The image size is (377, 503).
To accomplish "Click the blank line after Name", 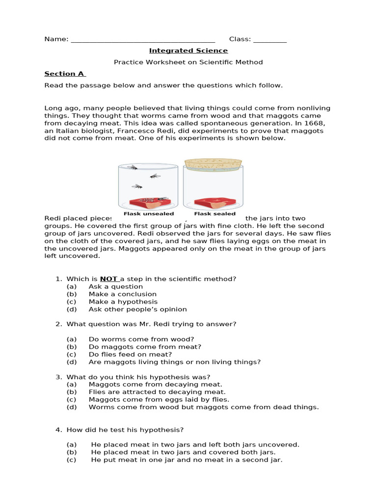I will point(143,40).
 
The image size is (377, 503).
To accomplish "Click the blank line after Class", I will point(270,40).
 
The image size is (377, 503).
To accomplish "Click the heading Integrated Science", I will point(188,51).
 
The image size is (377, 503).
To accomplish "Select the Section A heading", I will point(65,74).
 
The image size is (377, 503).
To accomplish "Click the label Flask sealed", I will point(215,214).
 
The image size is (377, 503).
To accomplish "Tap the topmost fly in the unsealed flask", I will point(133,168).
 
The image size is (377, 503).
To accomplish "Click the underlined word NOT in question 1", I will point(109,279).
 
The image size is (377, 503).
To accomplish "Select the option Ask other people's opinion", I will point(137,309).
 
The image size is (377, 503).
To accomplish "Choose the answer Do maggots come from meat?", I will point(145,347).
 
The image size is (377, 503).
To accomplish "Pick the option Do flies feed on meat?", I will point(130,354).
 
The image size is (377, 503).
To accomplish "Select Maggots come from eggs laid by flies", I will point(159,399).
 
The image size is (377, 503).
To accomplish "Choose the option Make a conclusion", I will point(122,294).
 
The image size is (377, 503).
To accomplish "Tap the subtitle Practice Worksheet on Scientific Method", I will point(188,62).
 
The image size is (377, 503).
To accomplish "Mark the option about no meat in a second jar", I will point(187,460).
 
